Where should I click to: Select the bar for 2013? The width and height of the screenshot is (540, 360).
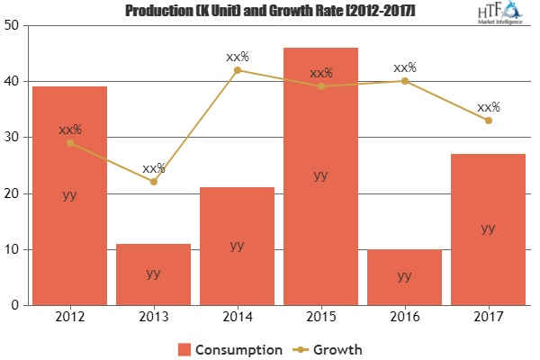tap(154, 274)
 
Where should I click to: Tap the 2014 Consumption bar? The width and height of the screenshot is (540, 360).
tap(237, 247)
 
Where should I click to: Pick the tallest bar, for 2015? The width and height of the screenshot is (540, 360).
tap(320, 176)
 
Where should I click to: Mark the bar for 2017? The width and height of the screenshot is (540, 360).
tap(488, 229)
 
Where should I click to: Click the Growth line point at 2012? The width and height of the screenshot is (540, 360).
tap(70, 143)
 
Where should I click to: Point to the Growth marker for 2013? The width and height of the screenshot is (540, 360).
tap(154, 182)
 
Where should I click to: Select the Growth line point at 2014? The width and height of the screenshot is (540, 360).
tap(237, 70)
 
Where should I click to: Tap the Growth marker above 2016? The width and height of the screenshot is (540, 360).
tap(404, 81)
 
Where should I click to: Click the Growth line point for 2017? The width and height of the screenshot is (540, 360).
tap(488, 121)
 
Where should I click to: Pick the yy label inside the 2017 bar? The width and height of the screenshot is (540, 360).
tap(488, 229)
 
